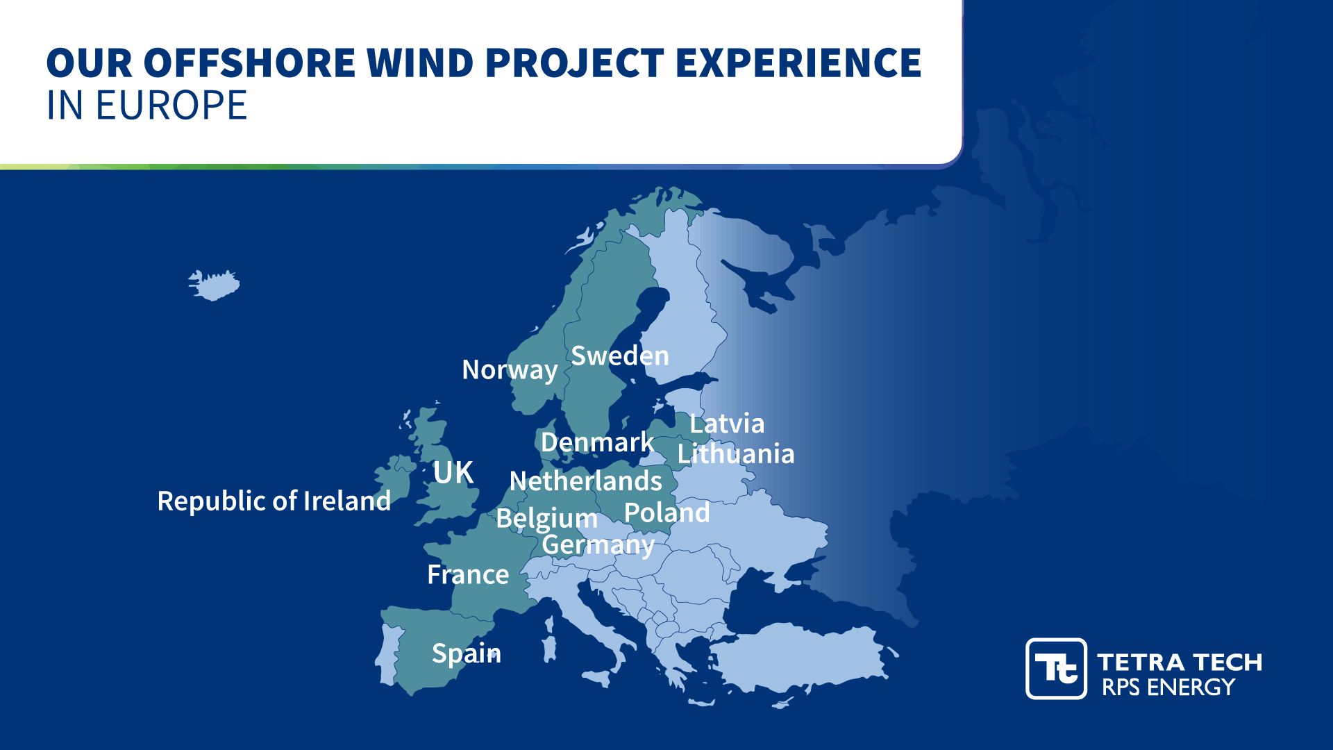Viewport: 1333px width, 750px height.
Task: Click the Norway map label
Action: pos(510,370)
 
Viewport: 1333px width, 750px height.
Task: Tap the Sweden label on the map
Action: pos(619,356)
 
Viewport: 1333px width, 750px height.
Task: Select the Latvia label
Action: pos(727,424)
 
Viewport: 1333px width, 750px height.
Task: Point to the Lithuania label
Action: pos(736,454)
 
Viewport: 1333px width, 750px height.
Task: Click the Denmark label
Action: pos(597,442)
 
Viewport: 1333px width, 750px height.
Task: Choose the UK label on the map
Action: pos(453,473)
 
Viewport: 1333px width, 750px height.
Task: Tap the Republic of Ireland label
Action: pos(274,501)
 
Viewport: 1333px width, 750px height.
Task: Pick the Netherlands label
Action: pos(585,481)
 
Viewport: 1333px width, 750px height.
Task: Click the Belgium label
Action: pos(546,519)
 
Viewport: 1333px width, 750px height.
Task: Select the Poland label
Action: pos(666,513)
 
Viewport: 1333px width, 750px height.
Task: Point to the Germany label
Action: pos(598,545)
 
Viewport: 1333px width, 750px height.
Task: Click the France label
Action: pos(468,575)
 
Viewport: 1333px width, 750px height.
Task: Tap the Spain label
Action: pos(466,653)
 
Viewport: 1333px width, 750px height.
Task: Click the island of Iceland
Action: pos(215,285)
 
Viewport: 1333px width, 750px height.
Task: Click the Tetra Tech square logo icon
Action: pos(1056,669)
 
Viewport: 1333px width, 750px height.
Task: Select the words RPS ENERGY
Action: pos(1168,687)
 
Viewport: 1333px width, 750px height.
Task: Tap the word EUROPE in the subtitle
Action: pos(171,106)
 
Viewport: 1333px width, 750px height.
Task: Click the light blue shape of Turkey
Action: pos(798,656)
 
